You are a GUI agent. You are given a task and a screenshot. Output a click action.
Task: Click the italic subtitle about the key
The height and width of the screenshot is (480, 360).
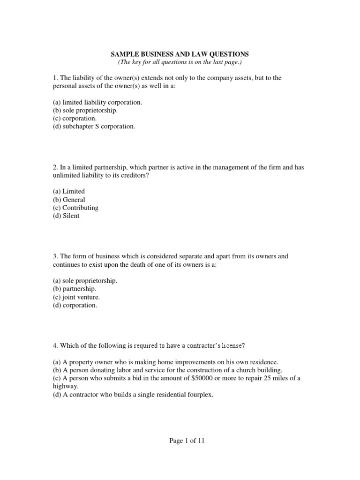(180, 62)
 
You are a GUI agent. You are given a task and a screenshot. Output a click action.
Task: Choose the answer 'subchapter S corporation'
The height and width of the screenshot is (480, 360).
(94, 127)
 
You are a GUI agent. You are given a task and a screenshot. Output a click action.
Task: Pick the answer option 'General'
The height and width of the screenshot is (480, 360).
(69, 200)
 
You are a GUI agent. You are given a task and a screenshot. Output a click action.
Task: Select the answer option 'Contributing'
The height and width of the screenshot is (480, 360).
(75, 208)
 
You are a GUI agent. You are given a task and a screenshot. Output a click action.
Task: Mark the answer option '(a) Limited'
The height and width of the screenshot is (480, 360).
(69, 192)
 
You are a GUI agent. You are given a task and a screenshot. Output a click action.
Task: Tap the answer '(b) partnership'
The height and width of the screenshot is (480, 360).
(75, 289)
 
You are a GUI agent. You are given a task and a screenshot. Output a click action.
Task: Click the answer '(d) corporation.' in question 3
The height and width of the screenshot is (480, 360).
(75, 305)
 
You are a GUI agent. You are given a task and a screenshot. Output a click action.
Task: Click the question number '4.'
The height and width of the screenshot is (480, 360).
(55, 346)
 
